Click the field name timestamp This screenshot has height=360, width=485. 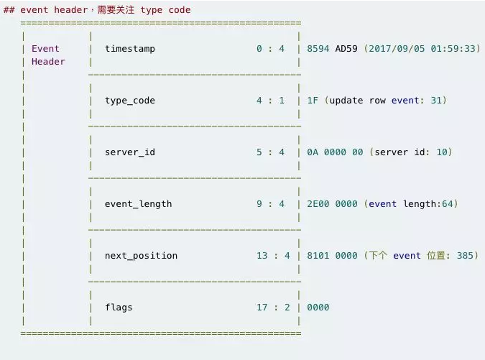(x=130, y=49)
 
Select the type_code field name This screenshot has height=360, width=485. (x=130, y=101)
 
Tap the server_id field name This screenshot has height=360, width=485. (x=130, y=152)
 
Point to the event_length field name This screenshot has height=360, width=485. (x=138, y=204)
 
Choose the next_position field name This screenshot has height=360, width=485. (x=141, y=256)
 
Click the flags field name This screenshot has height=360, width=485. (x=119, y=308)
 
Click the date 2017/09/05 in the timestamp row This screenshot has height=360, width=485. (x=397, y=49)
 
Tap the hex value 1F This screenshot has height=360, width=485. (x=313, y=100)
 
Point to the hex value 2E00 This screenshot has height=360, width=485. (x=318, y=204)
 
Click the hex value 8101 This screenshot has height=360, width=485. (x=318, y=256)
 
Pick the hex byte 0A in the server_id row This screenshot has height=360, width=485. (x=313, y=152)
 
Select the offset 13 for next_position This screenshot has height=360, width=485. (x=262, y=256)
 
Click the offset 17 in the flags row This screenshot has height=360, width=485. (x=262, y=307)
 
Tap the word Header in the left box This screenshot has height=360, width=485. (x=48, y=62)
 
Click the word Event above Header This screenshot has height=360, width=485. (x=45, y=49)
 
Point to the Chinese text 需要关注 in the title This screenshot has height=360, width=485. (x=116, y=9)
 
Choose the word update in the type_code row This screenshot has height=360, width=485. (x=346, y=101)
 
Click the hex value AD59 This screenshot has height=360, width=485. (x=346, y=49)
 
